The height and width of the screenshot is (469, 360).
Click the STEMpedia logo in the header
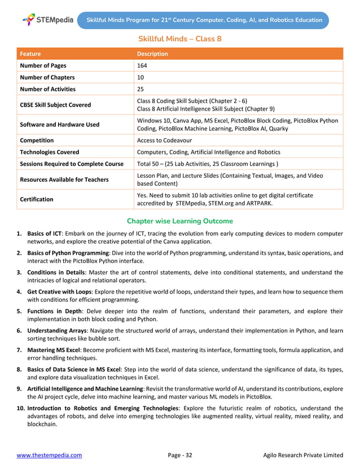pos(47,20)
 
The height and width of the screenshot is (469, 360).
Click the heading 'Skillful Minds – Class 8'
pos(179,39)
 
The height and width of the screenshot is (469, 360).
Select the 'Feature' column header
pos(30,54)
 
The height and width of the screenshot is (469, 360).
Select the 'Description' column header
pos(152,54)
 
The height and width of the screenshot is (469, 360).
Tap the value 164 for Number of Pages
pos(142,65)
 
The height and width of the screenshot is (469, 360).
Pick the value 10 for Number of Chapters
pos(141,77)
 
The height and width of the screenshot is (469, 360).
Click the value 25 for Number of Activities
pos(141,89)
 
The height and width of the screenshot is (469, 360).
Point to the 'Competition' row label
pos(37,140)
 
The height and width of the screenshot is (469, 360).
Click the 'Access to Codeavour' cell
pos(164,140)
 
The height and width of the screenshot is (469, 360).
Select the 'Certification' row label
pos(37,199)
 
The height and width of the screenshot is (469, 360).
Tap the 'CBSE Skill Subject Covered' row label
pos(55,104)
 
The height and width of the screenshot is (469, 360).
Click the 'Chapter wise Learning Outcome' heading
pos(179,221)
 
